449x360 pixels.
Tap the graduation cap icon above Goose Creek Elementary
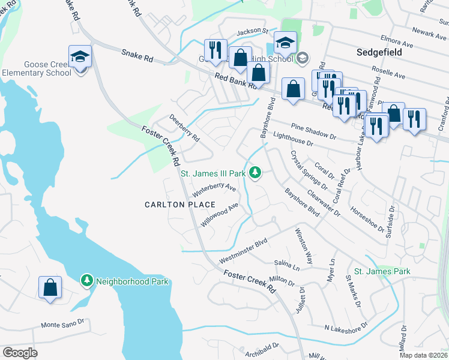coord(80,56)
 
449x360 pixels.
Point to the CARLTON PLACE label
coord(171,205)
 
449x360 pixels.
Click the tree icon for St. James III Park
coord(256,173)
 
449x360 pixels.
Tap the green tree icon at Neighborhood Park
coord(87,281)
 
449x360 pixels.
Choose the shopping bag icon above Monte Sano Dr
coord(50,287)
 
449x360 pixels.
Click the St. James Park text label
coord(382,272)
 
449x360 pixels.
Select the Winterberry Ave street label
coord(214,190)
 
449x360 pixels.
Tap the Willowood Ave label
coord(220,214)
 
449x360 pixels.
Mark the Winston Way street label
coord(304,246)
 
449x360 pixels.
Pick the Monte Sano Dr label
coord(62,325)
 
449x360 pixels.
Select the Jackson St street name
coord(252,31)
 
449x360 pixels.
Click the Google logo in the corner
coord(20,352)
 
